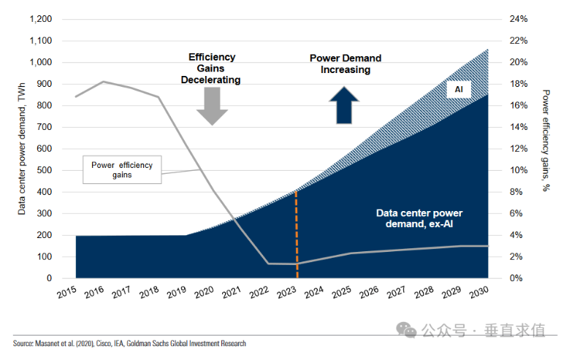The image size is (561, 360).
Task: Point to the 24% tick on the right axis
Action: (x=519, y=19)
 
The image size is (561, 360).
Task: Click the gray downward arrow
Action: (x=213, y=105)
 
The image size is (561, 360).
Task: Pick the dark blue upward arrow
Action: (x=343, y=105)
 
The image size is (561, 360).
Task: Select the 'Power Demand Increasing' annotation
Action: (x=346, y=64)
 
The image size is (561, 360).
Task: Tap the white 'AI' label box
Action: (x=459, y=90)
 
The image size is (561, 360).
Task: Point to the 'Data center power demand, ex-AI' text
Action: (x=419, y=218)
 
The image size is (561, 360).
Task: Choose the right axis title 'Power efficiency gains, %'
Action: (x=546, y=140)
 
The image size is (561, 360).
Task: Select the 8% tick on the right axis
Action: (x=516, y=192)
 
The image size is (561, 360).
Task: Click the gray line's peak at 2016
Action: (x=103, y=82)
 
